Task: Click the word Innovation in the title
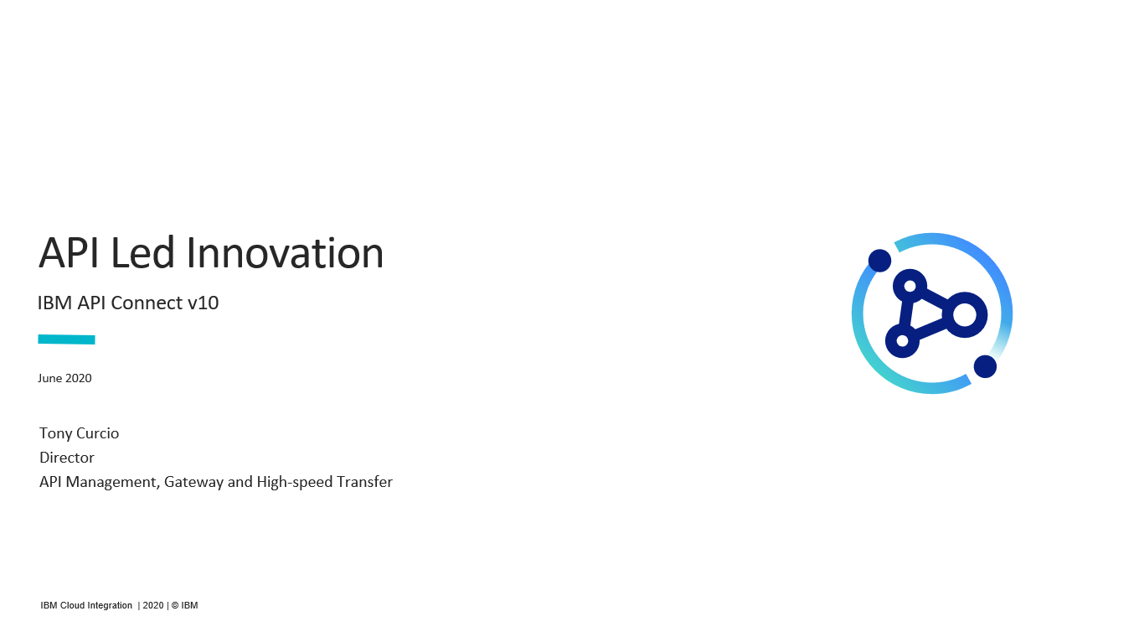pyautogui.click(x=285, y=252)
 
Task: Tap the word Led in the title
pyautogui.click(x=142, y=252)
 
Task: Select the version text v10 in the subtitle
pyautogui.click(x=203, y=303)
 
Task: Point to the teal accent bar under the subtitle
pyautogui.click(x=66, y=339)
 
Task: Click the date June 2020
pyautogui.click(x=64, y=378)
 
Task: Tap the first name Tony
pyautogui.click(x=55, y=434)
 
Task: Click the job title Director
pyautogui.click(x=67, y=458)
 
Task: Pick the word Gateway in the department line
pyautogui.click(x=194, y=483)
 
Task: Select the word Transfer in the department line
pyautogui.click(x=364, y=481)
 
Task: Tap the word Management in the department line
pyautogui.click(x=113, y=483)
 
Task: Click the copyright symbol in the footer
pyautogui.click(x=175, y=606)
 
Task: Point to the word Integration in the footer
pyautogui.click(x=110, y=606)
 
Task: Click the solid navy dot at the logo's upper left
pyautogui.click(x=880, y=261)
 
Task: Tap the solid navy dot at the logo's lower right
pyautogui.click(x=985, y=366)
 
